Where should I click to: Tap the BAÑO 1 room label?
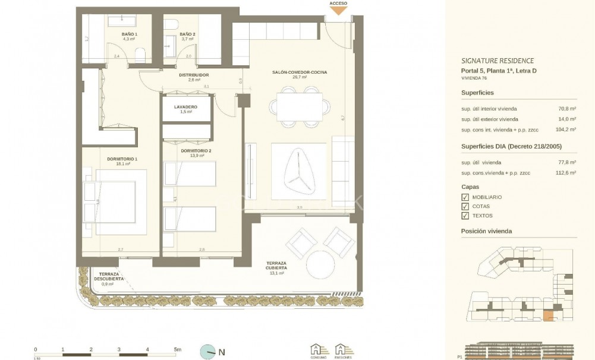click(x=130, y=34)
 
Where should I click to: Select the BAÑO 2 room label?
click(x=187, y=34)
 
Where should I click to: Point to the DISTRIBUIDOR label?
click(x=194, y=75)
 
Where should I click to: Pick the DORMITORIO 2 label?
click(x=196, y=151)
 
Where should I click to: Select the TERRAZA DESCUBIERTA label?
click(x=108, y=276)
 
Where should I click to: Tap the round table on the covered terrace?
click(x=322, y=262)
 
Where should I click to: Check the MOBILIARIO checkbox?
click(x=465, y=197)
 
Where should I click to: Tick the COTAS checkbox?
click(x=465, y=207)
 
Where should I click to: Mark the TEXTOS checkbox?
click(x=465, y=216)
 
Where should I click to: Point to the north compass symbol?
click(x=208, y=352)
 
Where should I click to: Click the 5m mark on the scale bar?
click(x=177, y=350)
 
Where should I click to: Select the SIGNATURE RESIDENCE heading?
click(x=497, y=61)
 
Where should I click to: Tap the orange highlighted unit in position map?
click(x=549, y=316)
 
